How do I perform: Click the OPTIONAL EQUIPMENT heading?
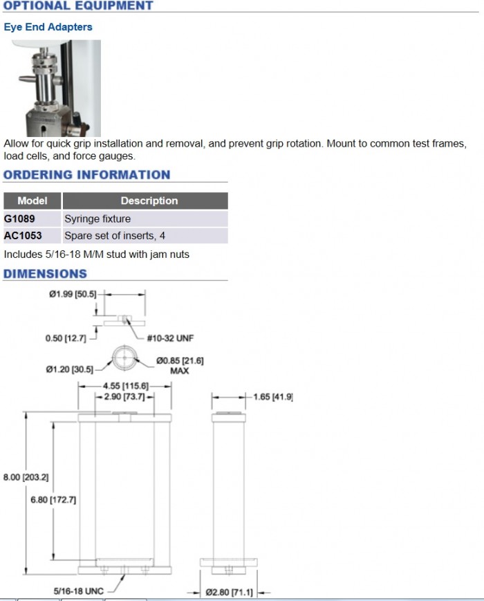point(78,6)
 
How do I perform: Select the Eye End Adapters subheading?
point(48,27)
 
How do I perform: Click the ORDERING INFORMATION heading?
point(86,175)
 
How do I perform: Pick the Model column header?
point(32,201)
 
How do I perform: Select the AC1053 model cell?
point(23,236)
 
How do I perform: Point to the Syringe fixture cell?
point(97,219)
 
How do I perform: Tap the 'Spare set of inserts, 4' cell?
point(115,236)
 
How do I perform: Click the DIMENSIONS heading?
point(45,274)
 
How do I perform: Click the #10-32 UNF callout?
point(170,338)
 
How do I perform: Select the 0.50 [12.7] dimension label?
point(64,338)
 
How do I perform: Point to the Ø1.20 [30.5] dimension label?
point(69,369)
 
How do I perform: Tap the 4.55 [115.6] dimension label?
point(127,385)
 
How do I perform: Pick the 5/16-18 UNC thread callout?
point(78,591)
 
